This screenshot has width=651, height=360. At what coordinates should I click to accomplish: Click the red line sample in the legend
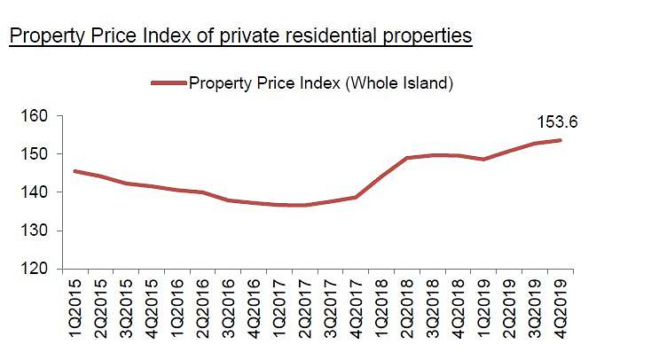click(169, 83)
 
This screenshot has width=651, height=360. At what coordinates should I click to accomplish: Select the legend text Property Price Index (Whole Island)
click(321, 83)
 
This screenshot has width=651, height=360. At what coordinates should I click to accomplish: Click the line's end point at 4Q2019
click(561, 140)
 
